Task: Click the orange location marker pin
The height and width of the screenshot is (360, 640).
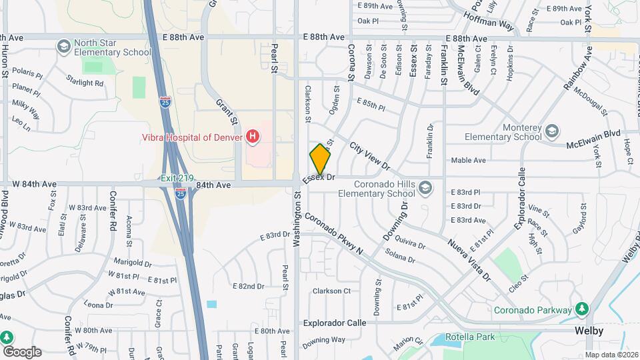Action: coord(320,159)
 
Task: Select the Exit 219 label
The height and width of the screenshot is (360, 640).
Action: coord(177,178)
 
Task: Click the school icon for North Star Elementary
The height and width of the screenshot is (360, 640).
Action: coord(63,46)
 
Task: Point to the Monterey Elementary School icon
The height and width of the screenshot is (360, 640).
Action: coord(552,131)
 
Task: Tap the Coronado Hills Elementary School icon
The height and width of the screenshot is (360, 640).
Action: coord(425,189)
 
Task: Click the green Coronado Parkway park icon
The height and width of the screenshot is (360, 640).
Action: coord(582,309)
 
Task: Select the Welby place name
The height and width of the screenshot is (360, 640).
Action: coord(590,331)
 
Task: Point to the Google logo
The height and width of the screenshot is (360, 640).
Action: coord(21,351)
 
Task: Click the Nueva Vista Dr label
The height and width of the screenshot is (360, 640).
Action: coord(469,259)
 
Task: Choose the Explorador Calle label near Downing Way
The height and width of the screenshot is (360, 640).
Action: coord(335,323)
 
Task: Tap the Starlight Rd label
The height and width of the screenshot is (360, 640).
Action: coord(85,83)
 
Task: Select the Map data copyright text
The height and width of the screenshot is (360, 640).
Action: coord(611,355)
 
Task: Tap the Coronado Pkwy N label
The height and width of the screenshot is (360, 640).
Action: coord(333,234)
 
